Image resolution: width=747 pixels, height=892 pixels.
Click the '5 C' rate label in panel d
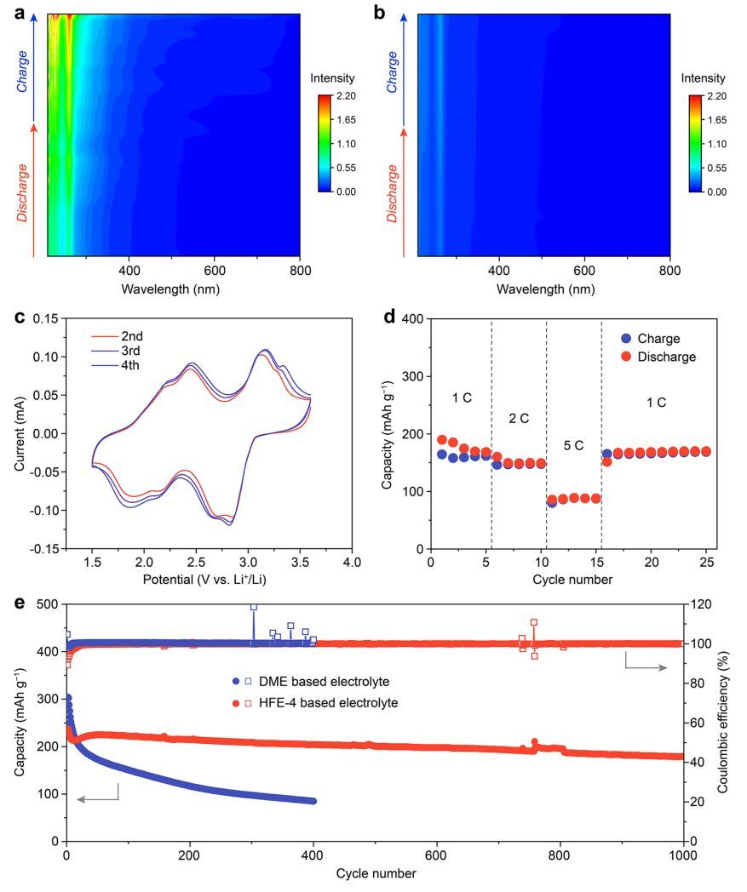(x=573, y=445)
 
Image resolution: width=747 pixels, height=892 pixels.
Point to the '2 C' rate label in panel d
(x=518, y=418)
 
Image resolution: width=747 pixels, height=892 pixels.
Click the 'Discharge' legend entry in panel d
(x=665, y=357)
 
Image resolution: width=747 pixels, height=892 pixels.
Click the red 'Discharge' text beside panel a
(x=23, y=193)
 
